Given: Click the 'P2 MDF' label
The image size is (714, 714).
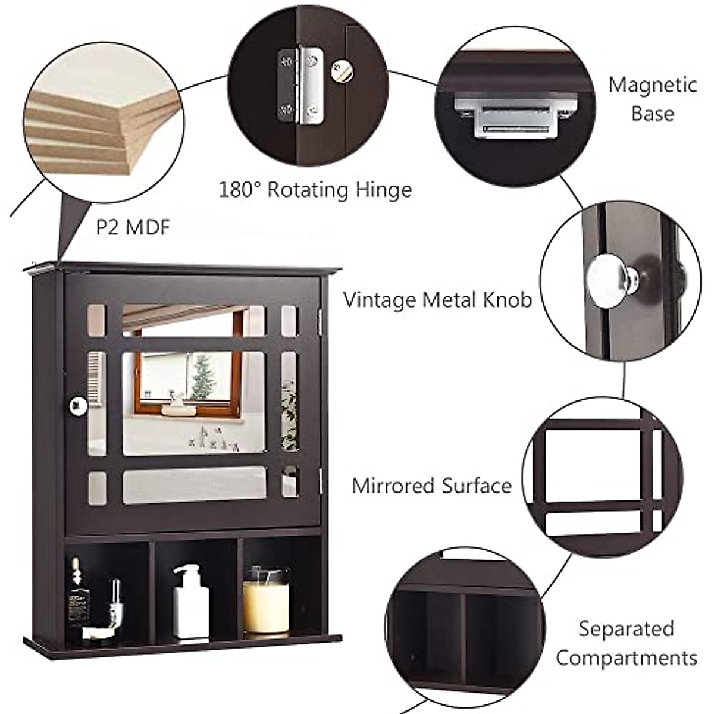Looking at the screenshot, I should [x=133, y=227].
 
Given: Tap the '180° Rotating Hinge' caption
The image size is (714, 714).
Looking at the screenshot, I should [x=315, y=190].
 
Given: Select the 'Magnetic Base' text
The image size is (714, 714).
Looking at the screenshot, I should [x=652, y=99].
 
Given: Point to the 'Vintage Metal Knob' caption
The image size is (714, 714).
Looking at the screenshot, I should [x=437, y=299].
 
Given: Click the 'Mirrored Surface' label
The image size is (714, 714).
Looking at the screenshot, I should [x=431, y=486].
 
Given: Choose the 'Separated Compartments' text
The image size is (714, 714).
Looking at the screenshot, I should [x=626, y=643].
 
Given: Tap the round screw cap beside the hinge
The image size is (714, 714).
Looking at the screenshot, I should [x=342, y=71].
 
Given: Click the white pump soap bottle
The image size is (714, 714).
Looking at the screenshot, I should [x=190, y=602].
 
